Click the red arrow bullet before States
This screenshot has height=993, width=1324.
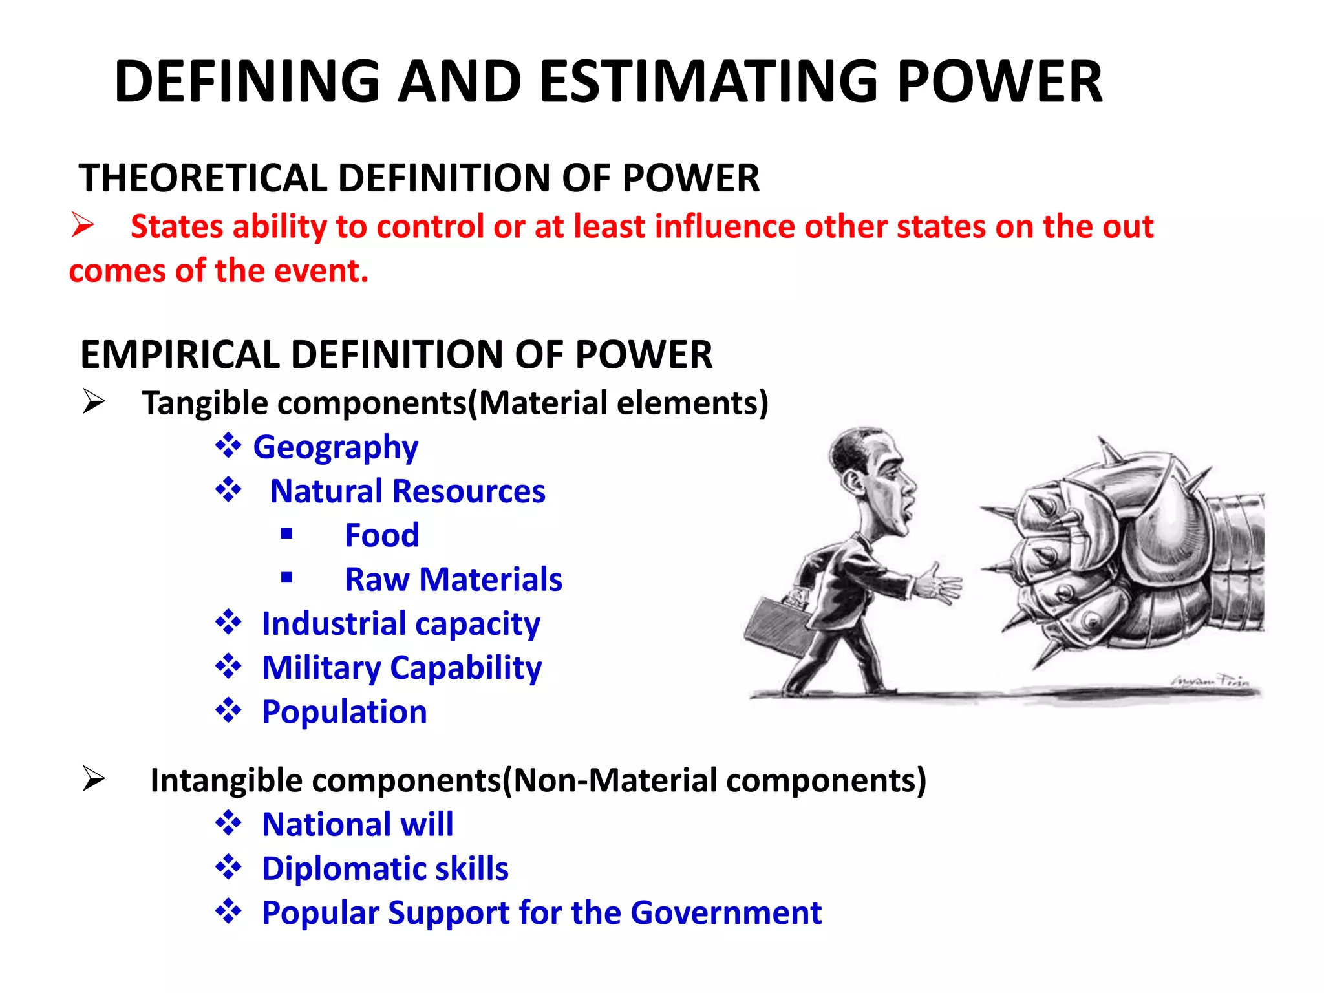83,226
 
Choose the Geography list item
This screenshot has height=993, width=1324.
336,447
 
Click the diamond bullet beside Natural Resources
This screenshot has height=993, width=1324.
228,490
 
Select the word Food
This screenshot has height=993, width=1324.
382,535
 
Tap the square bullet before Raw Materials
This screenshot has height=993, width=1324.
287,578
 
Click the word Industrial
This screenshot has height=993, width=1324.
334,624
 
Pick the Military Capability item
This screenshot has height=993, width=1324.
401,668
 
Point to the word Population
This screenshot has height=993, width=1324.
345,712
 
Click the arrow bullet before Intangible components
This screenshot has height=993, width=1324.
94,779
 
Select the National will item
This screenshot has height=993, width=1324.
358,824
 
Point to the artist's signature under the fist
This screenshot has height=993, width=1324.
1210,681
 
